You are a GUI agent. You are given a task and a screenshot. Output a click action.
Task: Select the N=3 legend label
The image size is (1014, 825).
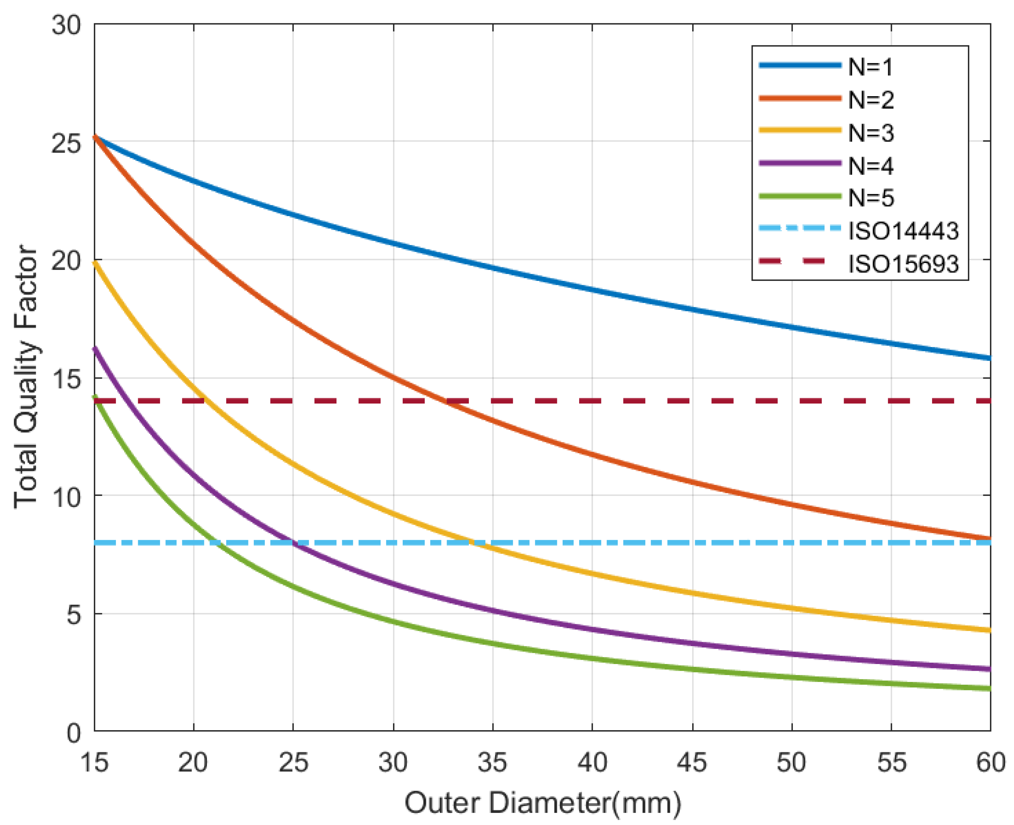[x=871, y=133]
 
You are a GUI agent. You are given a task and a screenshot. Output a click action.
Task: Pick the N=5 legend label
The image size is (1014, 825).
[x=871, y=198]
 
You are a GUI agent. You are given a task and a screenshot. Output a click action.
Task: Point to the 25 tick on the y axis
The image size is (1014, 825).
[x=66, y=142]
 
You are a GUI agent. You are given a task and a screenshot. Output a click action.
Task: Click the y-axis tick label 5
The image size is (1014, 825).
[x=74, y=615]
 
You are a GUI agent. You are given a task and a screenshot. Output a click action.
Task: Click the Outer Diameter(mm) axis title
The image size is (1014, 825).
[x=542, y=803]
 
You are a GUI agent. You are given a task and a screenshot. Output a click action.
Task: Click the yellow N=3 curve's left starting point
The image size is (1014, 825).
[x=94, y=262]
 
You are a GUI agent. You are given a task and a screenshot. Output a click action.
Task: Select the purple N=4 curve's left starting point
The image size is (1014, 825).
[x=94, y=348]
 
